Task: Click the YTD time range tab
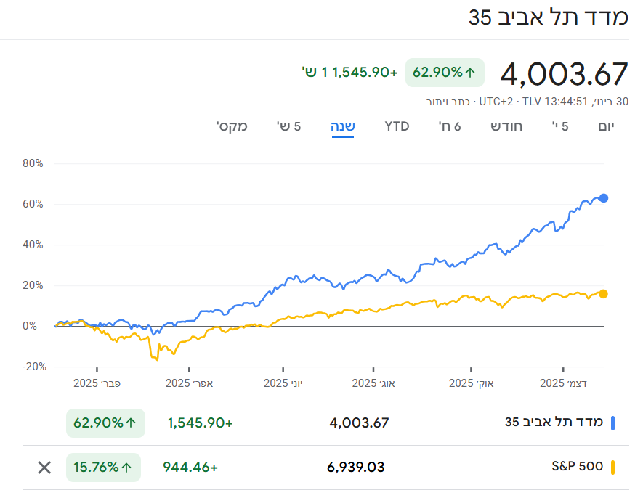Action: coord(397,126)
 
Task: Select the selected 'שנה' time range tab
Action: coord(343,126)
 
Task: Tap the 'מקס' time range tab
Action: coord(232,126)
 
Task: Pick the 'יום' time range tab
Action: coord(606,126)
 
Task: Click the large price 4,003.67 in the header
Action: coord(564,74)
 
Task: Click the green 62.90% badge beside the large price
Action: coord(444,72)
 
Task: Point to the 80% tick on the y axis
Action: coord(34,163)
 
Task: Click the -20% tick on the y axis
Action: coord(33,366)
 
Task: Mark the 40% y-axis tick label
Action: coord(34,245)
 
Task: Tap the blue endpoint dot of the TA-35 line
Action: coord(603,198)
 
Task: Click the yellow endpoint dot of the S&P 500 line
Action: coord(603,294)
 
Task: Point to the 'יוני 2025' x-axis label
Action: coord(281,383)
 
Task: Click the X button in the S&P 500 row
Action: coord(44,467)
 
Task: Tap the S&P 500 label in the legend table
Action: coord(578,466)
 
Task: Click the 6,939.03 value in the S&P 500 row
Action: coord(356,467)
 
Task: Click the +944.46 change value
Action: coord(190,467)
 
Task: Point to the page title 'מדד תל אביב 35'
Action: coord(548,18)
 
